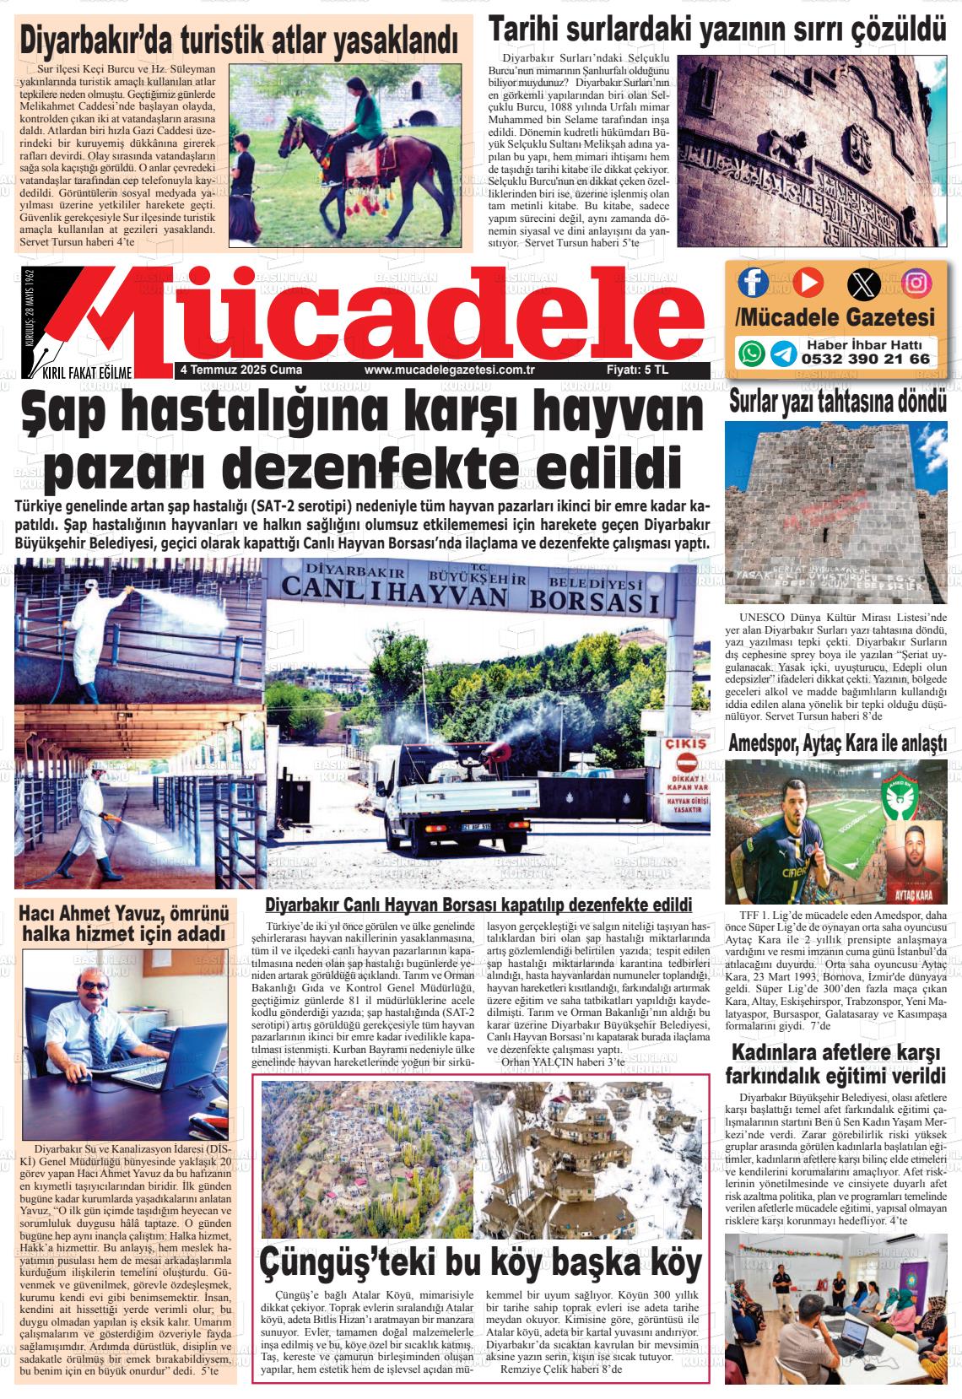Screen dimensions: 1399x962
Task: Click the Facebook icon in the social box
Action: pyautogui.click(x=753, y=282)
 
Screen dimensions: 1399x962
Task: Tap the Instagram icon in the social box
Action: pyautogui.click(x=916, y=283)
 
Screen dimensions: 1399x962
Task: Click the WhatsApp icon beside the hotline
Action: pyautogui.click(x=751, y=353)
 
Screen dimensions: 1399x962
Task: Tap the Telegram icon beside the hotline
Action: pyautogui.click(x=782, y=353)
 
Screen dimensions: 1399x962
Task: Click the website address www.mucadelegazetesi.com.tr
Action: pyautogui.click(x=451, y=370)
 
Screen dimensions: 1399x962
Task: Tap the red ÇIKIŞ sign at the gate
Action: pyautogui.click(x=685, y=746)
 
